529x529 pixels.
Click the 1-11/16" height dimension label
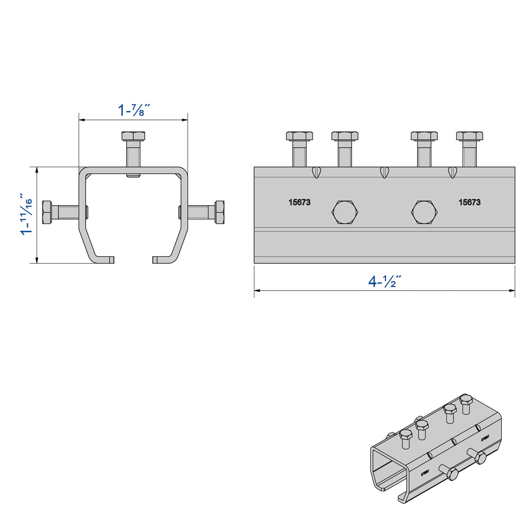click(x=26, y=214)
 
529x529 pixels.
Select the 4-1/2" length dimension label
click(x=384, y=281)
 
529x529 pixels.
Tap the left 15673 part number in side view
click(x=299, y=202)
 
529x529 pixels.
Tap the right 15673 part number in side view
click(x=469, y=202)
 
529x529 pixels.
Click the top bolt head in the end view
click(x=133, y=136)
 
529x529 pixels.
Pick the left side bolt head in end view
click(x=47, y=212)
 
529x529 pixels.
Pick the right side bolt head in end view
click(x=219, y=212)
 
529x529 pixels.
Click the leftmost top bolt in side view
click(x=299, y=136)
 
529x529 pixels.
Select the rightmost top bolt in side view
click(x=469, y=136)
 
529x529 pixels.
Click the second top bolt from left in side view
click(x=345, y=136)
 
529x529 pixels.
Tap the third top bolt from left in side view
click(x=424, y=136)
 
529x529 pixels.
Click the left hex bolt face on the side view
click(x=345, y=212)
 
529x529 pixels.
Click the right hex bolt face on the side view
click(x=424, y=212)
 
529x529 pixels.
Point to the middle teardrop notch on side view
click(x=384, y=172)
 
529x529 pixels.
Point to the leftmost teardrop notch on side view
click(x=316, y=172)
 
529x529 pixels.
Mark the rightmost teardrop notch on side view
click(x=452, y=172)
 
